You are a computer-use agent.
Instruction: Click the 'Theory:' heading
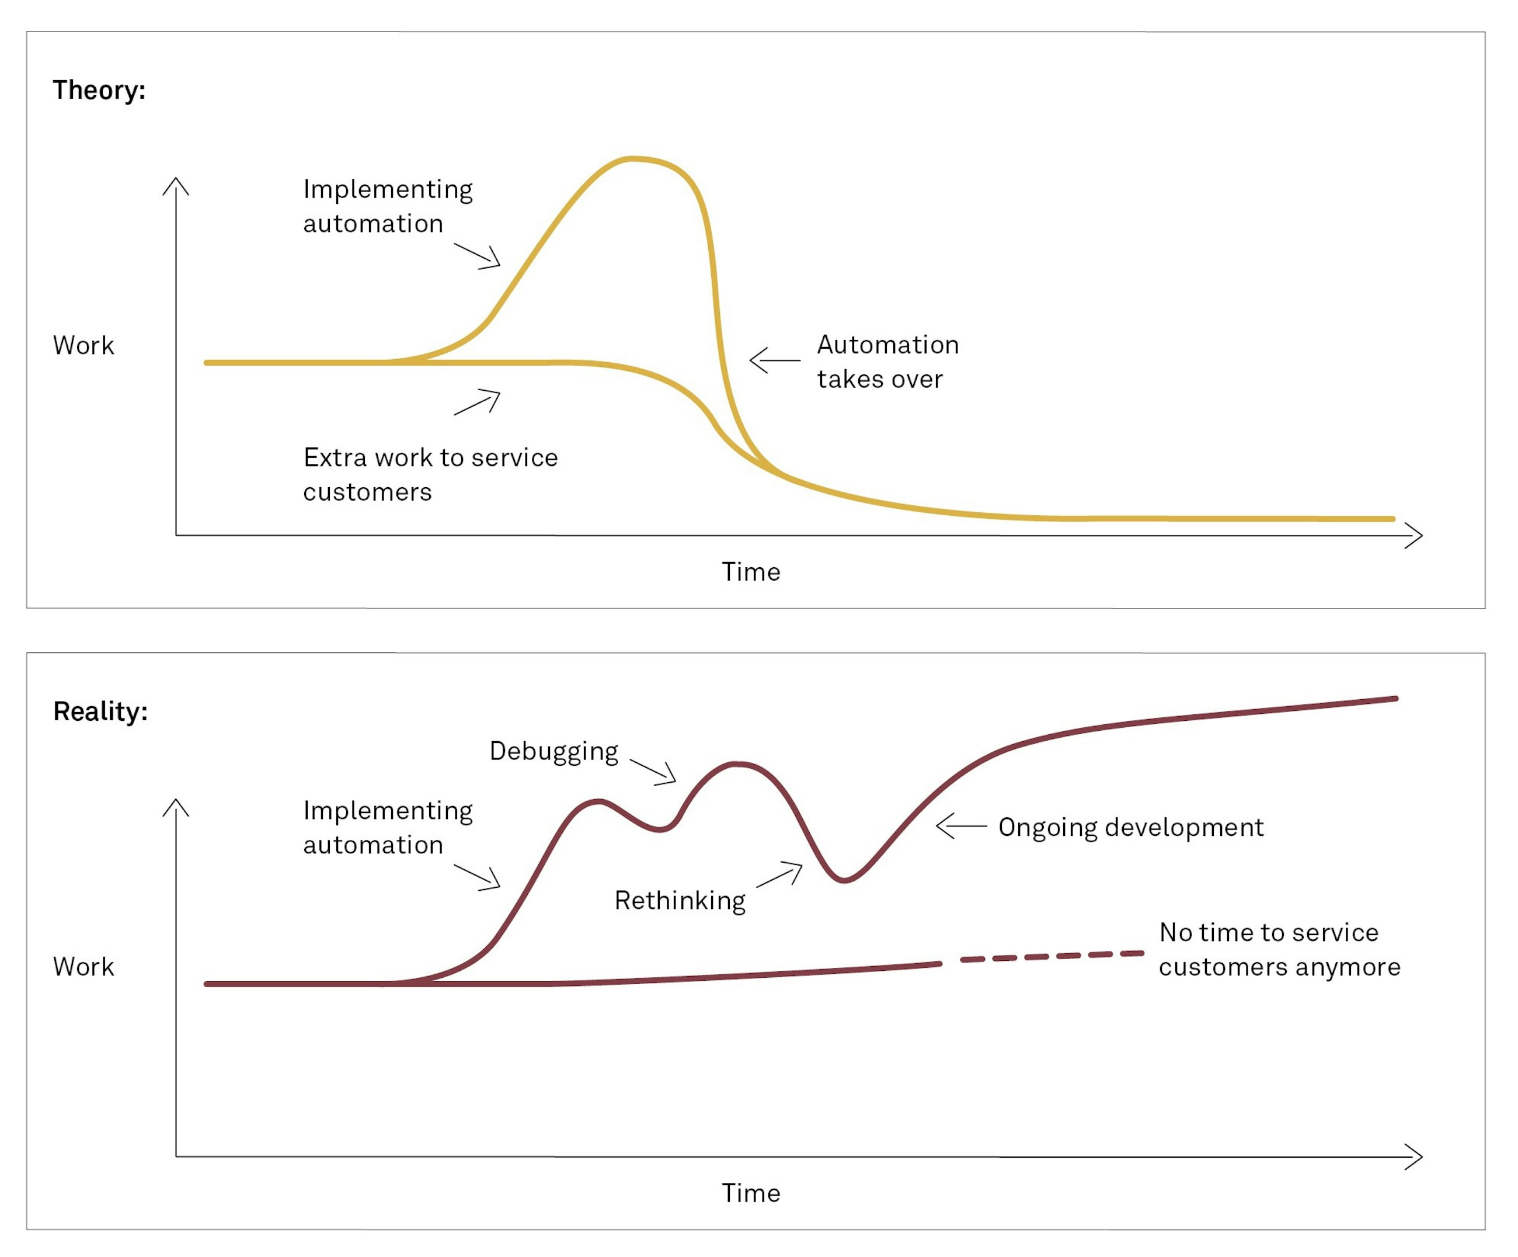[x=99, y=91]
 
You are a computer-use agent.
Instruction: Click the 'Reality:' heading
[x=100, y=711]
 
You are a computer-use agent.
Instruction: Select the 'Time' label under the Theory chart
[x=751, y=572]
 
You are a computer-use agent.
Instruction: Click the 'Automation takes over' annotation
[x=887, y=362]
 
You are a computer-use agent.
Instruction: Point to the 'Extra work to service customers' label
[x=430, y=474]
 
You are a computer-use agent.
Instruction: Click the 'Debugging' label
[x=553, y=751]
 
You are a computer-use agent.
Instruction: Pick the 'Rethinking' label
[x=680, y=901]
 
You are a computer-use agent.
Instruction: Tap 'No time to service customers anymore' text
[x=1279, y=950]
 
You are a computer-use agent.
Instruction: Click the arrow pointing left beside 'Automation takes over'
[x=774, y=360]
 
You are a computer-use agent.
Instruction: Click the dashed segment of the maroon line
[x=1052, y=957]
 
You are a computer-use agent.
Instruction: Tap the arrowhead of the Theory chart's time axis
[x=1415, y=536]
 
